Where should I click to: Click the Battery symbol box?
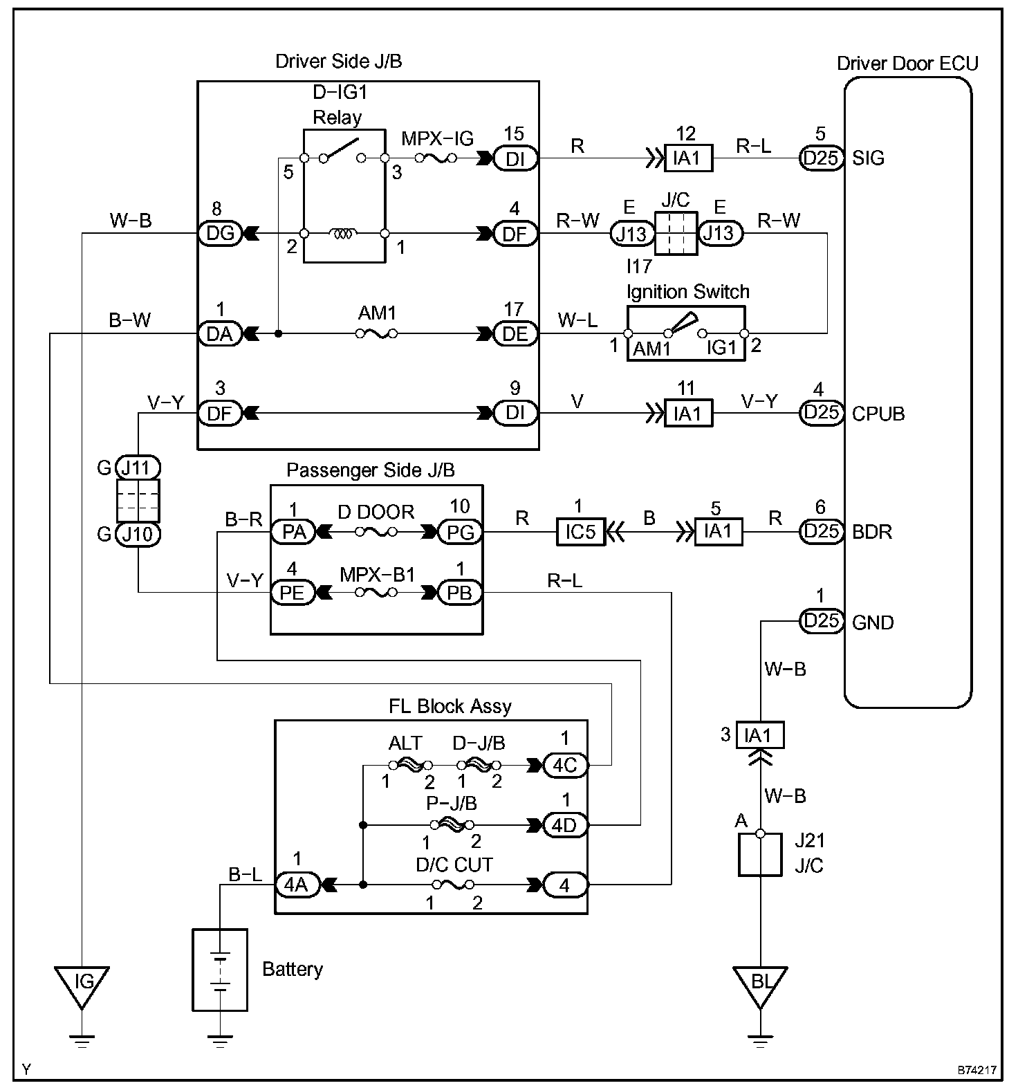tap(219, 970)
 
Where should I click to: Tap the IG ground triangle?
tap(82, 981)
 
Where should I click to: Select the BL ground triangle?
tap(760, 981)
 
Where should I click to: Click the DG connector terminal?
tap(220, 234)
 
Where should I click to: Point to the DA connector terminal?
tap(220, 334)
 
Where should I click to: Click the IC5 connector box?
tap(580, 532)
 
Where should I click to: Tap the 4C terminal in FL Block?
tap(564, 766)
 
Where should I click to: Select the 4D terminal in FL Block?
tap(564, 825)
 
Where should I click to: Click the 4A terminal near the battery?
tap(297, 885)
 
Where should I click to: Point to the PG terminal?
tap(460, 532)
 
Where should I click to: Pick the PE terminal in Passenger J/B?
tap(293, 593)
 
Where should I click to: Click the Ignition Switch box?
tap(686, 334)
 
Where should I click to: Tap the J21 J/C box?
tap(760, 854)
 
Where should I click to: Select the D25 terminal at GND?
tap(821, 621)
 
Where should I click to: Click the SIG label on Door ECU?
tap(869, 158)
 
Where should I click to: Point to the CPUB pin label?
tap(878, 414)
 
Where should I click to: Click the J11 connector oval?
tap(138, 468)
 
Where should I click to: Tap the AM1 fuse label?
tap(377, 313)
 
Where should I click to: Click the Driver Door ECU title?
tap(907, 64)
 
